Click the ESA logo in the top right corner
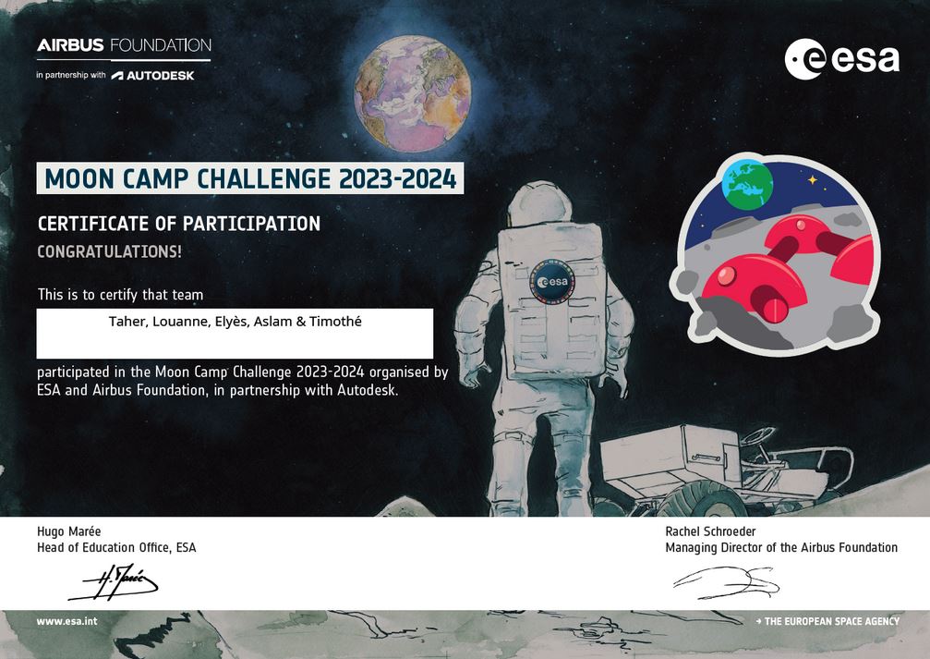coord(841,59)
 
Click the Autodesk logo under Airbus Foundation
coord(153,76)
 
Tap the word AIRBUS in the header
coord(70,45)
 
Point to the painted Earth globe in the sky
coord(412,93)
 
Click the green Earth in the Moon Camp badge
coord(747,184)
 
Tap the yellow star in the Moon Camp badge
coord(812,179)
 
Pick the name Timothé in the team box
coord(335,322)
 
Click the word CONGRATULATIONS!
coord(109,251)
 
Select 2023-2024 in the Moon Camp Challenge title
coord(398,178)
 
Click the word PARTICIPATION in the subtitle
coord(251,224)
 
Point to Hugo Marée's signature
coord(114,581)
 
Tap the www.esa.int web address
coord(67,622)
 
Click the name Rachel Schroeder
coord(710,531)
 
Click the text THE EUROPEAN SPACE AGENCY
coord(831,621)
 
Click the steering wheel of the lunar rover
coord(757,435)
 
